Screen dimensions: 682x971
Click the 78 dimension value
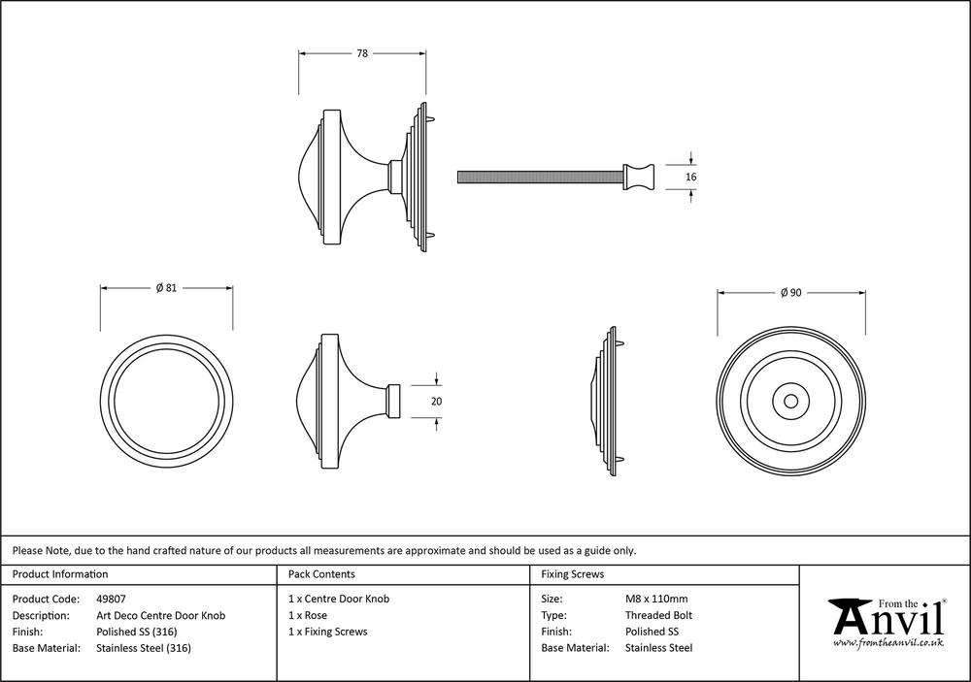pyautogui.click(x=361, y=54)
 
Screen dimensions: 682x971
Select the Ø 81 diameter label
pyautogui.click(x=166, y=288)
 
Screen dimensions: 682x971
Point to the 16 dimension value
pyautogui.click(x=691, y=178)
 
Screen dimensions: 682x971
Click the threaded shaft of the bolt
pyautogui.click(x=539, y=177)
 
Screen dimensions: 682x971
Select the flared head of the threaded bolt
pyautogui.click(x=640, y=177)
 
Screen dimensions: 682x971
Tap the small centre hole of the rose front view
pyautogui.click(x=791, y=401)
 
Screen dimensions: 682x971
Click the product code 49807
pyautogui.click(x=111, y=600)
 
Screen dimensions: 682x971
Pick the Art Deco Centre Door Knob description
pyautogui.click(x=160, y=616)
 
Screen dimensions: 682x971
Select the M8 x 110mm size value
pyautogui.click(x=656, y=600)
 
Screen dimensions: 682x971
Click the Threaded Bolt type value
pyautogui.click(x=658, y=616)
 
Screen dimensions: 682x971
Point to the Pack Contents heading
pyautogui.click(x=321, y=574)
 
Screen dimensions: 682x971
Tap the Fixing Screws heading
pyautogui.click(x=572, y=574)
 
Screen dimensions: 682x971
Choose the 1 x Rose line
pyautogui.click(x=308, y=616)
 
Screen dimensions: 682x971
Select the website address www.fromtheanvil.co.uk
pyautogui.click(x=888, y=642)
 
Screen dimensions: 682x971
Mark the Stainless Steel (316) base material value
pyautogui.click(x=144, y=648)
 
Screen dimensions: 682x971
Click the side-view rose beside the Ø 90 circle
pyautogui.click(x=609, y=401)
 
